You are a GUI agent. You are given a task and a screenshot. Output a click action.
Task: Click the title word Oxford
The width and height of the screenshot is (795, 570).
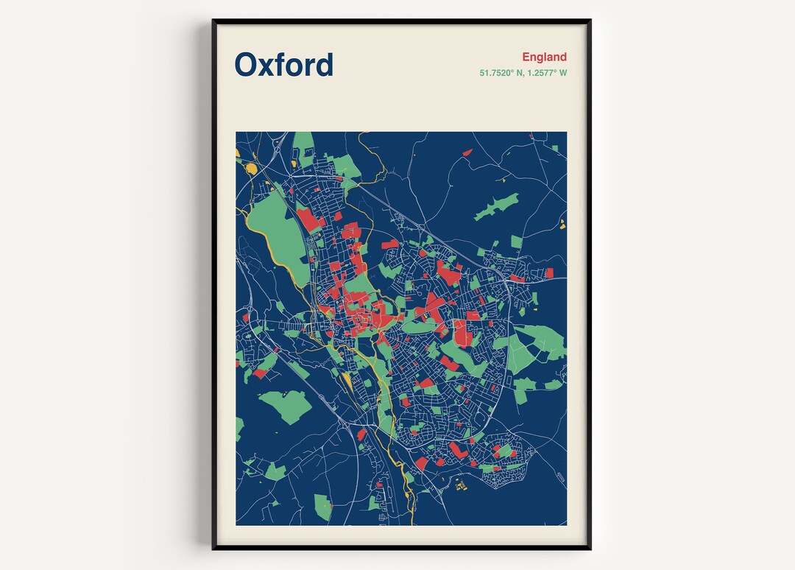pyautogui.click(x=283, y=65)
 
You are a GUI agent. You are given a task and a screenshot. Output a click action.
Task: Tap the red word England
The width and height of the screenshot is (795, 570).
pyautogui.click(x=544, y=57)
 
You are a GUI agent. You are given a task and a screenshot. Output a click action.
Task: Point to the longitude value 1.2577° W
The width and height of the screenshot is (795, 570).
pyautogui.click(x=546, y=73)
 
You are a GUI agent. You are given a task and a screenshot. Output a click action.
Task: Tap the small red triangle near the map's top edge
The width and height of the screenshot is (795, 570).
pyautogui.click(x=467, y=152)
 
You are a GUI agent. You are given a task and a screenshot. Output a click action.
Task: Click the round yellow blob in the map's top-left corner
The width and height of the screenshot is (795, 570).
pyautogui.click(x=251, y=169)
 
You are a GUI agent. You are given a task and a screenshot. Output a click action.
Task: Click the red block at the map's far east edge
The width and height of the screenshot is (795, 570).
pyautogui.click(x=548, y=273)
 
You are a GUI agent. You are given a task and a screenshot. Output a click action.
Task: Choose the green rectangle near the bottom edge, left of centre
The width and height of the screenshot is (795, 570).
pyautogui.click(x=322, y=507)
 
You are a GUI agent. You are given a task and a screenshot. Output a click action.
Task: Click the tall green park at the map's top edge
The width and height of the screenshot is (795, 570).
pyautogui.click(x=303, y=144)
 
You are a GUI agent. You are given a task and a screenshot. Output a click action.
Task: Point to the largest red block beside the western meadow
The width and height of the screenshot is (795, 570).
pyautogui.click(x=308, y=219)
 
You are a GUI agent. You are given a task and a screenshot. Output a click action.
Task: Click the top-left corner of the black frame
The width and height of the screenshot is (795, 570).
pyautogui.click(x=213, y=21)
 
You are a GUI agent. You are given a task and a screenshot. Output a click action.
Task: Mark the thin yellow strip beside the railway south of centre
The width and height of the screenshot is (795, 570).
pyautogui.click(x=347, y=381)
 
